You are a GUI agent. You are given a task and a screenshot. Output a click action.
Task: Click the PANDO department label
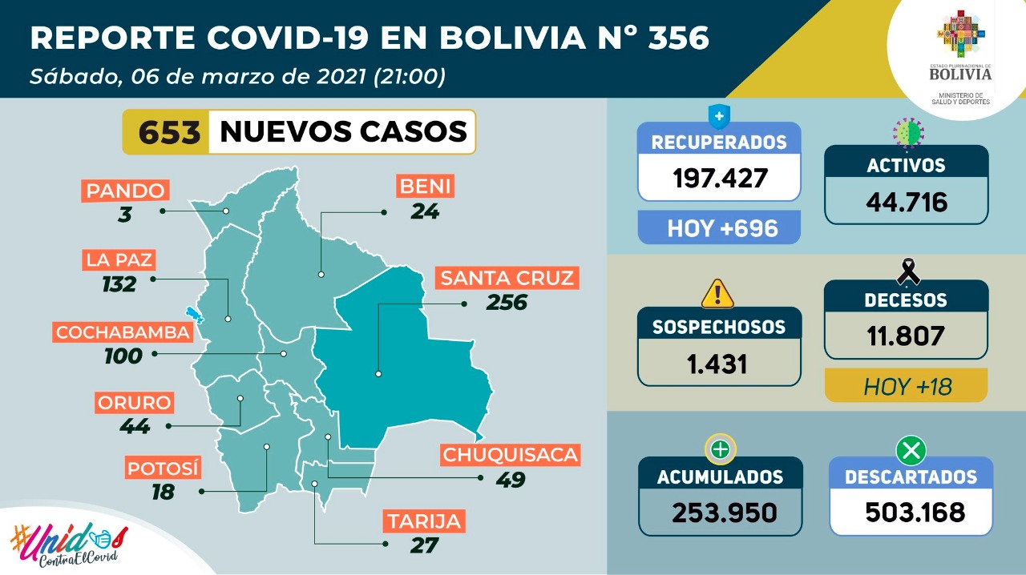coord(126,191)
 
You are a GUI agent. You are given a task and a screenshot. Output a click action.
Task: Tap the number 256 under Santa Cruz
coord(507,303)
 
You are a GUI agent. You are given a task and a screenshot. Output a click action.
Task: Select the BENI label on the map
coord(425,187)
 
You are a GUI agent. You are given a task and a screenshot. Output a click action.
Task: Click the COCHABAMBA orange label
coord(123,332)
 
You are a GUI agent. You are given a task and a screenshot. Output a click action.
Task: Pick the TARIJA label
coord(425,521)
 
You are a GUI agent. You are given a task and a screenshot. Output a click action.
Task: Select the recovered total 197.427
coord(719,177)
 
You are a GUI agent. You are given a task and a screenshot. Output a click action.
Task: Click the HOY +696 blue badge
coord(719,227)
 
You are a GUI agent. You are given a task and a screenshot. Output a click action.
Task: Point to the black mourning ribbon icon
coord(908,271)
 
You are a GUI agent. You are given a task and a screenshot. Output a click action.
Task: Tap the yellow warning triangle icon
coord(717,293)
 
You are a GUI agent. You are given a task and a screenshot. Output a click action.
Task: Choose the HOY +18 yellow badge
coord(907,387)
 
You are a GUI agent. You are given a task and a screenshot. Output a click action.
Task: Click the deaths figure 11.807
coord(907,334)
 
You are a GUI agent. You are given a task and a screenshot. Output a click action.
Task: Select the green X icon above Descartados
coord(911,452)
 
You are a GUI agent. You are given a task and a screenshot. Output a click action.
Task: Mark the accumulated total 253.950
coord(719,511)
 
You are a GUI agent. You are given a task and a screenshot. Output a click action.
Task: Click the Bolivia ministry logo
coord(960,56)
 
